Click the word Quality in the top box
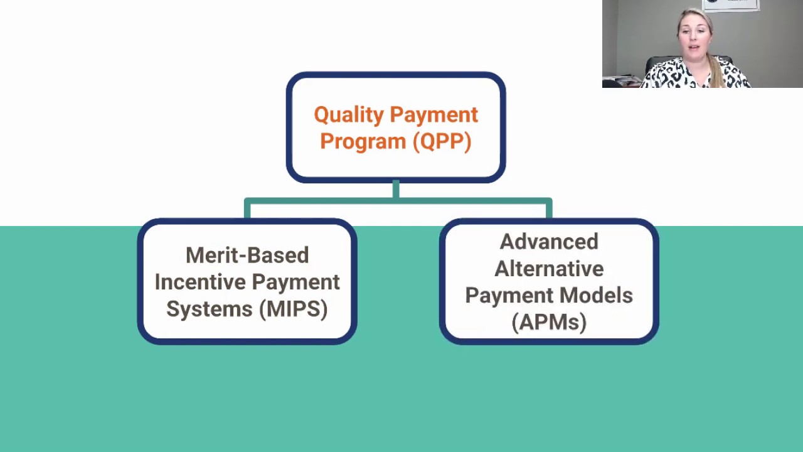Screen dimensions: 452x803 click(x=348, y=116)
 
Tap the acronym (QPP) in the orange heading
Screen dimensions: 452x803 click(x=442, y=142)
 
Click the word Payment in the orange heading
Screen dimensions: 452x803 click(x=433, y=116)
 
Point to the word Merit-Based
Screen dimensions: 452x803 click(x=247, y=256)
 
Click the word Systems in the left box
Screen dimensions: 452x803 click(x=201, y=309)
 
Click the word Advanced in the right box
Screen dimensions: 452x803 click(x=549, y=242)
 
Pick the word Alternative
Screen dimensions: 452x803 click(x=549, y=269)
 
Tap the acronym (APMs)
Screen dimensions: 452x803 click(x=549, y=323)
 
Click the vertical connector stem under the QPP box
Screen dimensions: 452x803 click(x=396, y=190)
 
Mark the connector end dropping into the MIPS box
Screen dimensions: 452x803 click(x=247, y=210)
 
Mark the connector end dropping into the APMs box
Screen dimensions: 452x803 click(x=549, y=210)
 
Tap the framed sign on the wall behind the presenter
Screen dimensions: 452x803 click(x=731, y=5)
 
